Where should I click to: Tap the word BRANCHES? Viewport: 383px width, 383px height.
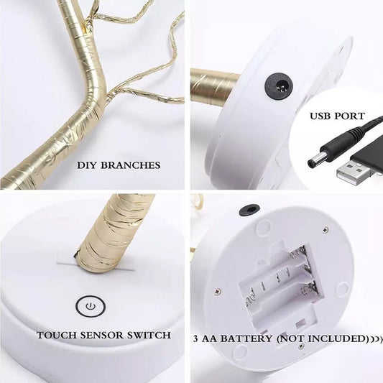point(131,165)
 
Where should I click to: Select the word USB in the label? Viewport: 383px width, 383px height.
point(320,116)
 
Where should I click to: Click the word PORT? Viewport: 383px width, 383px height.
point(350,116)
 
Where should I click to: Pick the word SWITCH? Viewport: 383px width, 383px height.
point(149,335)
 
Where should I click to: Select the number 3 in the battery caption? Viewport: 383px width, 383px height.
point(195,338)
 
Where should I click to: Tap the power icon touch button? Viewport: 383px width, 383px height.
point(91,306)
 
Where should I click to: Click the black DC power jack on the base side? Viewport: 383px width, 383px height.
point(279,86)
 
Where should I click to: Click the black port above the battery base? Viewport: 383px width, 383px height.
point(249,210)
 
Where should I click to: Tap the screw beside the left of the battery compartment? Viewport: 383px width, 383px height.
point(217,292)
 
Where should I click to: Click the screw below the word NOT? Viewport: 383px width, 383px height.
point(301,346)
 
